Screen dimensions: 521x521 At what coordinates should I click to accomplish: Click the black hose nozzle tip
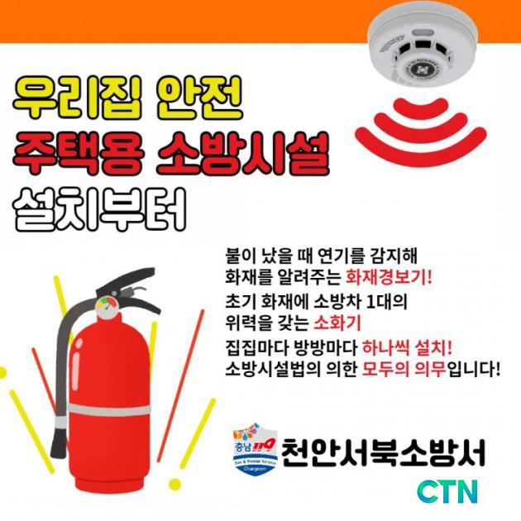pyautogui.click(x=59, y=443)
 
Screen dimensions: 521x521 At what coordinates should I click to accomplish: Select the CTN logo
pyautogui.click(x=447, y=491)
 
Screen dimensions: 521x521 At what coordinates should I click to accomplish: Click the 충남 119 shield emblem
pyautogui.click(x=256, y=448)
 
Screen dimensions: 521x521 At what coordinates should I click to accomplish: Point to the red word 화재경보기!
pyautogui.click(x=389, y=276)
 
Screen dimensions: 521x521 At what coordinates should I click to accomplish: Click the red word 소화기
pyautogui.click(x=337, y=323)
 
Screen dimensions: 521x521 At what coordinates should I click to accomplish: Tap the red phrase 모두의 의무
pyautogui.click(x=404, y=369)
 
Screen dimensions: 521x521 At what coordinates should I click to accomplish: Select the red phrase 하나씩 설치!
pyautogui.click(x=407, y=347)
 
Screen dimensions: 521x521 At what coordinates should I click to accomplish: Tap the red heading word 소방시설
pyautogui.click(x=242, y=154)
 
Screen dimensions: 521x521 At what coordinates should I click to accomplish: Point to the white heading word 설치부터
pyautogui.click(x=99, y=209)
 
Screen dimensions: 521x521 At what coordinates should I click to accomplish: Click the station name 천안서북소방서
pyautogui.click(x=383, y=453)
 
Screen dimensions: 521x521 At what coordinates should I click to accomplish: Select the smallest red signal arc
pyautogui.click(x=421, y=107)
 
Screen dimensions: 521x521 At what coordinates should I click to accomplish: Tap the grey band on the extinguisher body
pyautogui.click(x=109, y=411)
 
